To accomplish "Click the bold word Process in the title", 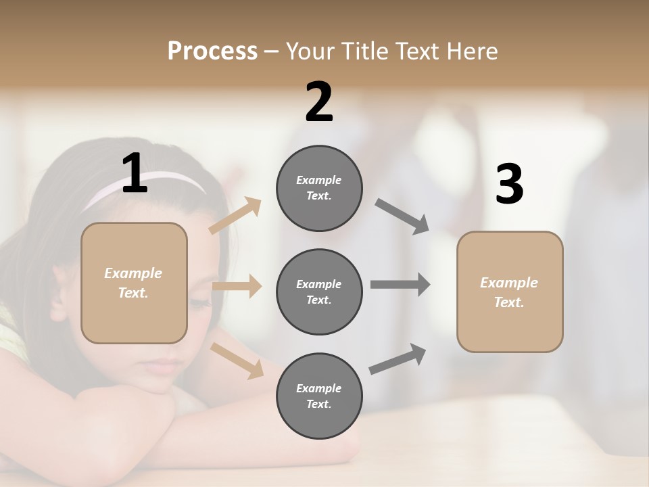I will [x=212, y=51].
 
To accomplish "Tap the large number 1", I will [x=135, y=174].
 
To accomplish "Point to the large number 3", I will [x=510, y=184].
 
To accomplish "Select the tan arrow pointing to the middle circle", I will [x=237, y=286].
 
